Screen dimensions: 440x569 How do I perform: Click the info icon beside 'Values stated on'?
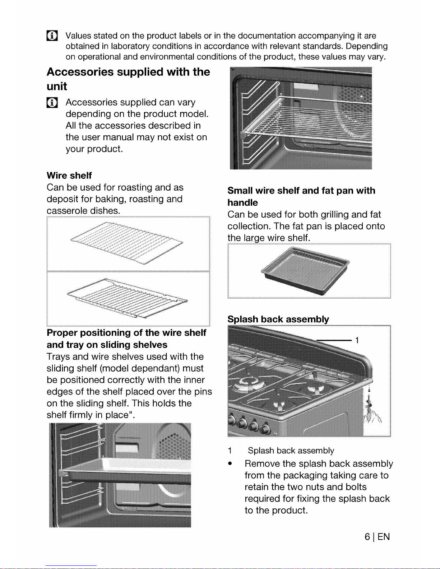click(x=52, y=36)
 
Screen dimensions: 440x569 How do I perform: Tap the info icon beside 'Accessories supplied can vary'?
click(x=52, y=102)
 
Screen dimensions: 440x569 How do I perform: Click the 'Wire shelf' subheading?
click(x=69, y=176)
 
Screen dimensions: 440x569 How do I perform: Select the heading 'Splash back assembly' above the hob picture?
click(x=278, y=319)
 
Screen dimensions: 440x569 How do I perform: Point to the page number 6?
click(x=367, y=537)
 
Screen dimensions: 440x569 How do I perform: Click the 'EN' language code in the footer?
click(x=384, y=537)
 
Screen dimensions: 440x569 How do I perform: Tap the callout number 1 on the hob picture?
click(x=357, y=340)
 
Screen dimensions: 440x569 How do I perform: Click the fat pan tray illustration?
click(x=305, y=271)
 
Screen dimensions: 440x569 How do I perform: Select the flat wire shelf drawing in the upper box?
click(x=127, y=243)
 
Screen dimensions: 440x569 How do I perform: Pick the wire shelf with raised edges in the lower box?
click(x=127, y=298)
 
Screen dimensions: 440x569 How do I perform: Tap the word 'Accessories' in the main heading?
click(x=80, y=72)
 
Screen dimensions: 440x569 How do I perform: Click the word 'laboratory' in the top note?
click(x=130, y=46)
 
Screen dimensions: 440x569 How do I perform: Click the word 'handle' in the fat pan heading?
click(x=242, y=202)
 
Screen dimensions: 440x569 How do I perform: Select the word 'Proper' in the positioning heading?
click(x=62, y=333)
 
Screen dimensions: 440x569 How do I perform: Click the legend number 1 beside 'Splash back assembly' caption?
click(x=230, y=451)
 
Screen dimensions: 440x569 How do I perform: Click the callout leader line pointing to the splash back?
click(x=334, y=340)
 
